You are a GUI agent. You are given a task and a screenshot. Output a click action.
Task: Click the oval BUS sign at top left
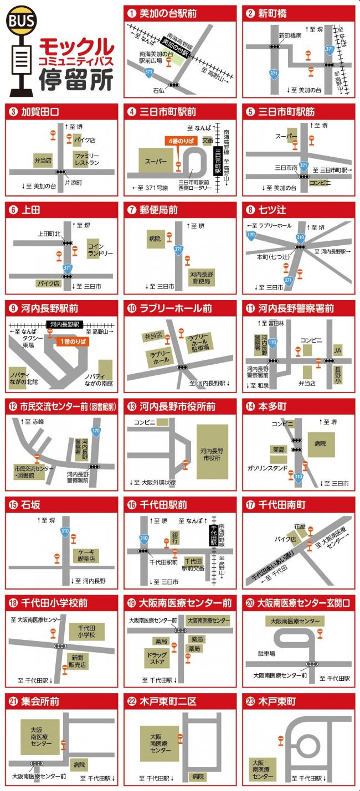tap(21, 20)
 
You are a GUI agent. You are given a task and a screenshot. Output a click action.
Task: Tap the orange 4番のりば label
tap(182, 141)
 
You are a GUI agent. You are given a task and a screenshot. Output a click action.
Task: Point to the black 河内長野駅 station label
tap(65, 324)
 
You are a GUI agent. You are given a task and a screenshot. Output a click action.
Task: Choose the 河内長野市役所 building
tap(212, 451)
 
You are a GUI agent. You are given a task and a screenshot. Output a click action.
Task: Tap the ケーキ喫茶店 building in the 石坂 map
tap(88, 555)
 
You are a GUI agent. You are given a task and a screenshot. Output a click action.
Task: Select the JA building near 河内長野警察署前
tap(337, 350)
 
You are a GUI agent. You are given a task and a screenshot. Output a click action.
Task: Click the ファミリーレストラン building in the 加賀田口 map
tap(88, 159)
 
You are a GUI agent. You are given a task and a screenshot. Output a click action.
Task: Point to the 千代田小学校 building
tap(87, 632)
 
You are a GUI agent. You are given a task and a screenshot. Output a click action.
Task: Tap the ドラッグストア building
tap(157, 658)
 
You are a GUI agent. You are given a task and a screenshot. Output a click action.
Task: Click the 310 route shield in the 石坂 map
tap(65, 531)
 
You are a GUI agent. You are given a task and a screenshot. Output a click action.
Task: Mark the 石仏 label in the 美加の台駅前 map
tap(159, 90)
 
